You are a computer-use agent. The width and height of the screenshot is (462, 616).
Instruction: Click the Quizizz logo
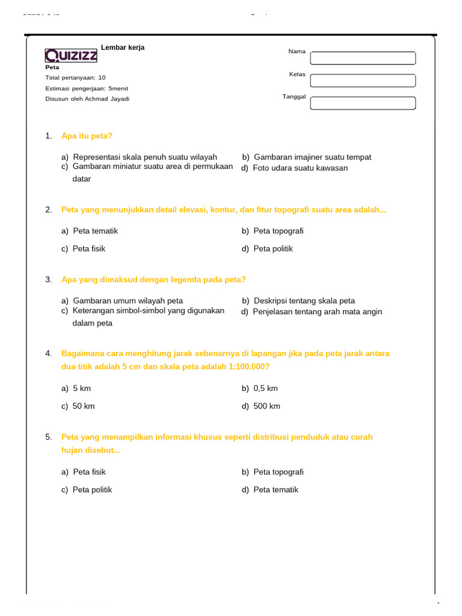pos(71,56)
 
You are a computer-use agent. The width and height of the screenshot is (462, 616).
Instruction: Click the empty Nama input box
pos(362,58)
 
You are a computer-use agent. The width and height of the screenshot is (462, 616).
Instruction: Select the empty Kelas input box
pos(362,81)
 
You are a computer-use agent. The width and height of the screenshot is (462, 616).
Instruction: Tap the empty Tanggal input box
pos(362,103)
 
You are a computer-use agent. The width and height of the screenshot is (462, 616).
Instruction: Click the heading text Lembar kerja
pos(123,48)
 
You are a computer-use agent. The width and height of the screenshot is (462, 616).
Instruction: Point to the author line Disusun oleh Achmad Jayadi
pos(87,99)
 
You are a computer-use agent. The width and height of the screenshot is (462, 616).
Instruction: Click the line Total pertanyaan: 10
pos(75,78)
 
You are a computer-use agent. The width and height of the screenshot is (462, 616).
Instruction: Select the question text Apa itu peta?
pos(87,136)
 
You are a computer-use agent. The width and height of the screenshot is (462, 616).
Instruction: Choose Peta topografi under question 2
pos(278,231)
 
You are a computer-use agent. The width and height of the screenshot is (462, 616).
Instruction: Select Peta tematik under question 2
pos(95,231)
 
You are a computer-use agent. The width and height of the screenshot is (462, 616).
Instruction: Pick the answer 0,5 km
pos(265,389)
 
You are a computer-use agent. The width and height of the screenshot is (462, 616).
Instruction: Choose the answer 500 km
pos(266,406)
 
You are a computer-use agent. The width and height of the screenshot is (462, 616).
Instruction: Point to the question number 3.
pos(48,280)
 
